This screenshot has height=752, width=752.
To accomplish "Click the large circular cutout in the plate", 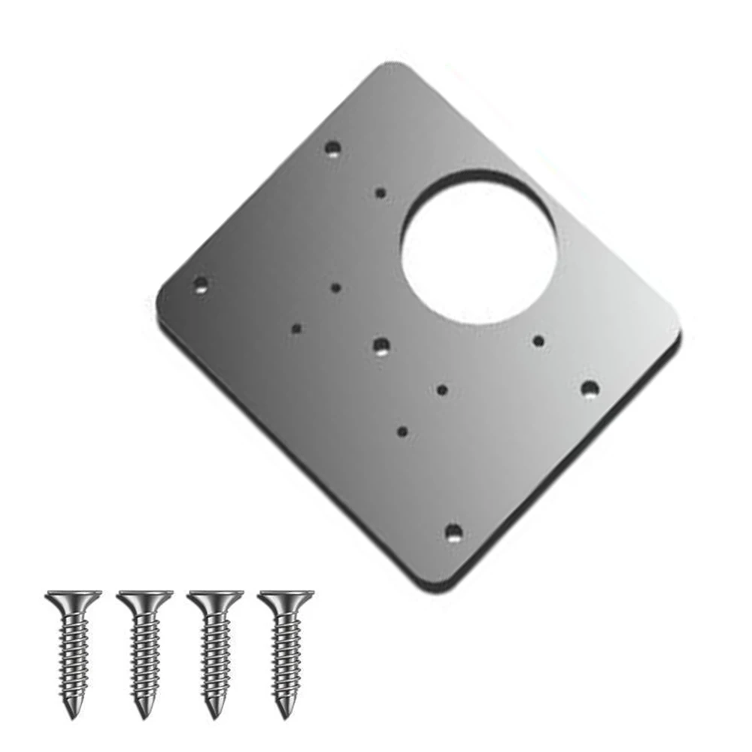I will tap(479, 246).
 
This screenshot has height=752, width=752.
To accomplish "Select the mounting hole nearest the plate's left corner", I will tap(200, 284).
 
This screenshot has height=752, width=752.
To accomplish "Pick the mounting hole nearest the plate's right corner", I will tap(590, 388).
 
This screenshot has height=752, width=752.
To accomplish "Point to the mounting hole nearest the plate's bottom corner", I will tap(453, 533).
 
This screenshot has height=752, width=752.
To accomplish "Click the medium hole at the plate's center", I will tap(381, 346).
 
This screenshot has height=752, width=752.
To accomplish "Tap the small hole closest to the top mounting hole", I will tap(381, 193).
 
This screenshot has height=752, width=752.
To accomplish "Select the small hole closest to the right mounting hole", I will tap(538, 341).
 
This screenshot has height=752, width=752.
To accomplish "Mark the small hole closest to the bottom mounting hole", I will tap(402, 432).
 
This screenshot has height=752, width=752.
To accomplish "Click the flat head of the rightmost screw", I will tap(285, 599).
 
